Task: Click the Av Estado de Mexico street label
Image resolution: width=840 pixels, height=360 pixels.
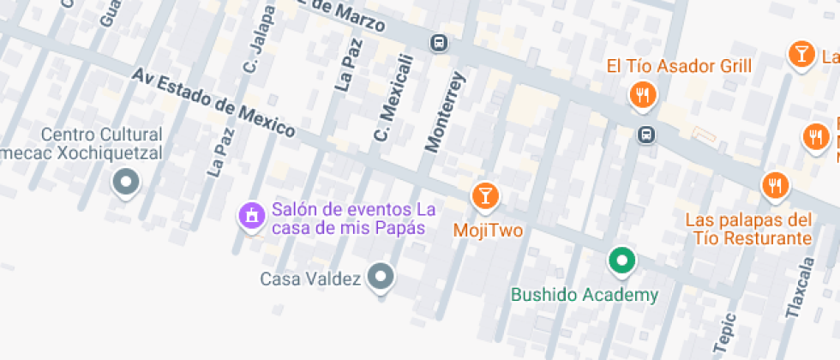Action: [213, 104]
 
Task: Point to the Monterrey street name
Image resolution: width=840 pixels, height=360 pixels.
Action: [445, 112]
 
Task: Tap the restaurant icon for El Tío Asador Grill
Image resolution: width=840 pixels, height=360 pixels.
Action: [642, 93]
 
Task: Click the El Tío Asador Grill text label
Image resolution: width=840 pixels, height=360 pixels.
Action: [679, 66]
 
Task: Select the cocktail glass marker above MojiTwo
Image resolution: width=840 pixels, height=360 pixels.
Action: [484, 195]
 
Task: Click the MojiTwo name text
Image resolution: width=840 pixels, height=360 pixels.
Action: [488, 230]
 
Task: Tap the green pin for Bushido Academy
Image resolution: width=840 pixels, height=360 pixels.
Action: [621, 260]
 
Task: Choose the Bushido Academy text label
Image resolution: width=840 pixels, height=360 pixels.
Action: [585, 295]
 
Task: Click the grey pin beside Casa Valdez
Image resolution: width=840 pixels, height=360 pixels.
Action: [381, 276]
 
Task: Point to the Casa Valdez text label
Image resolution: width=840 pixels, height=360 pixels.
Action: [310, 279]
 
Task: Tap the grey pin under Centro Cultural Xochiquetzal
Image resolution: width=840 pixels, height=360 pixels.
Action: [127, 181]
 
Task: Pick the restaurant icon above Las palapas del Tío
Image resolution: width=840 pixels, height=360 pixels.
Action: [775, 184]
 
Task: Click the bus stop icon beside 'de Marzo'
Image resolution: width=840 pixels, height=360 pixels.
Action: [439, 42]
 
